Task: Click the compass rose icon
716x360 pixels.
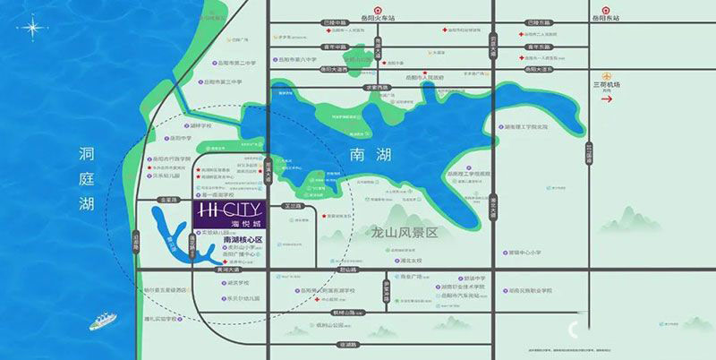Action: pyautogui.click(x=31, y=29)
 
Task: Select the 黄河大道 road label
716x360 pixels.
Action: pyautogui.click(x=231, y=268)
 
